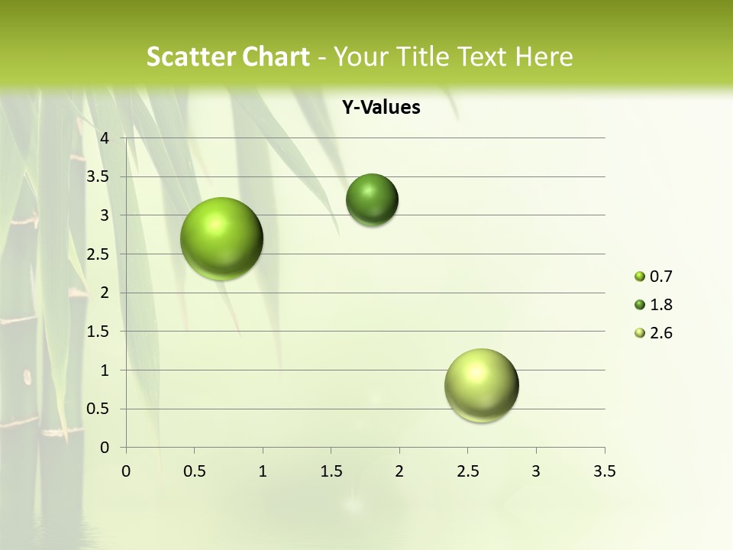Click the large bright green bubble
pyautogui.click(x=221, y=238)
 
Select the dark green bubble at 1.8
pyautogui.click(x=372, y=200)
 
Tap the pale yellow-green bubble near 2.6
pyautogui.click(x=481, y=385)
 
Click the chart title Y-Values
pyautogui.click(x=381, y=108)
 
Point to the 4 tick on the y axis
pyautogui.click(x=105, y=138)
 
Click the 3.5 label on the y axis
pyautogui.click(x=99, y=176)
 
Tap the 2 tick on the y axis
pyautogui.click(x=105, y=293)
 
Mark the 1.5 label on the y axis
pyautogui.click(x=99, y=332)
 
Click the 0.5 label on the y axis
pyautogui.click(x=99, y=409)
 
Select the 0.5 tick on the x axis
pyautogui.click(x=194, y=471)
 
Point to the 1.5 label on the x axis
pyautogui.click(x=331, y=471)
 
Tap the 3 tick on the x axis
pyautogui.click(x=536, y=471)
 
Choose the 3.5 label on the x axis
pyautogui.click(x=604, y=471)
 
